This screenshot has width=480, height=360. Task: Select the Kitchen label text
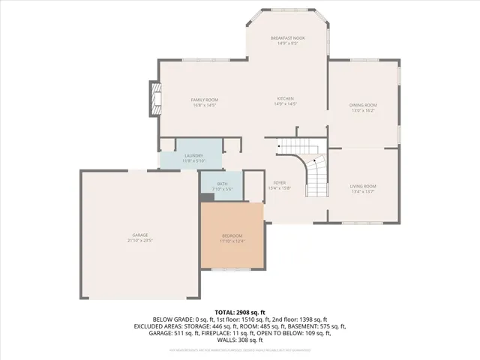pyautogui.click(x=284, y=99)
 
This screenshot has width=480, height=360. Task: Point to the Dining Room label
pyautogui.click(x=363, y=105)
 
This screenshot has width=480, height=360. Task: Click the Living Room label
pyautogui.click(x=363, y=186)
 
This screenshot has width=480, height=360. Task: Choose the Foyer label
pyautogui.click(x=279, y=182)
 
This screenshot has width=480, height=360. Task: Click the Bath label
pyautogui.click(x=222, y=184)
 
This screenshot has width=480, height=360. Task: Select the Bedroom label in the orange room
pyautogui.click(x=232, y=236)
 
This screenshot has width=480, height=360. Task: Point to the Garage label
pyautogui.click(x=140, y=236)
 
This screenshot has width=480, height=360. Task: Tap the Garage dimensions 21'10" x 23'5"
pyautogui.click(x=140, y=241)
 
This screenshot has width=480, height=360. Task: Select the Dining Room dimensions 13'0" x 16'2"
pyautogui.click(x=363, y=110)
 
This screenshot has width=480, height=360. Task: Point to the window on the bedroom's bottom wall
pyautogui.click(x=232, y=268)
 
